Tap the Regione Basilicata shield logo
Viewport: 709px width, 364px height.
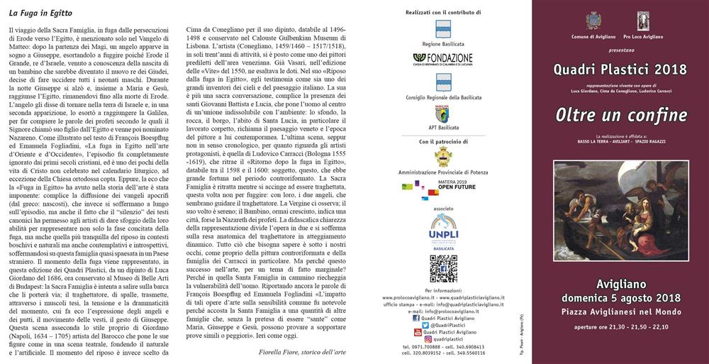[444, 28]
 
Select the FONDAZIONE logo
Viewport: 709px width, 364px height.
[444, 59]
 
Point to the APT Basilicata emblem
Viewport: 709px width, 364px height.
[444, 114]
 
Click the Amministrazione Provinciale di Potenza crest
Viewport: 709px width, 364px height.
[444, 157]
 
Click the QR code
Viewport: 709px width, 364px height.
[444, 269]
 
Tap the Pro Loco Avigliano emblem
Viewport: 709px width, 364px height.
[642, 20]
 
